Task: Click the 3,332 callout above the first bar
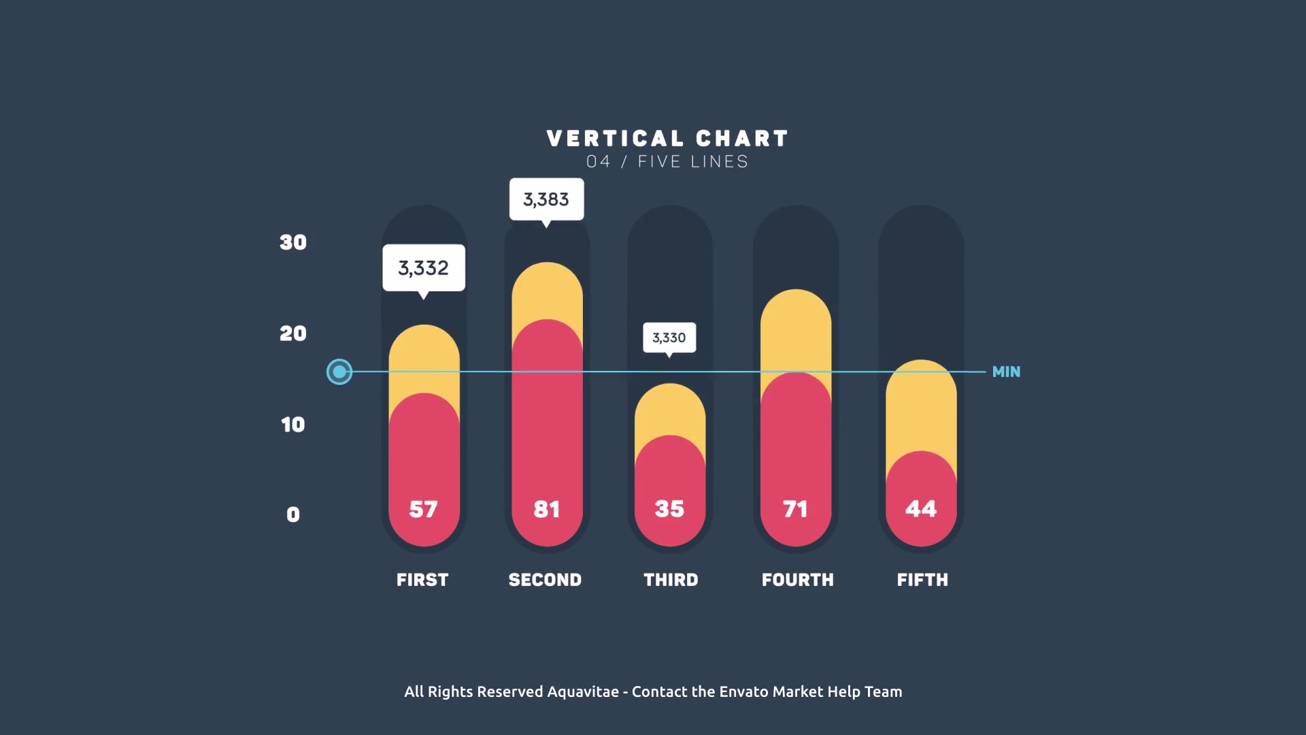point(424,269)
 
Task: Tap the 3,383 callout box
point(546,200)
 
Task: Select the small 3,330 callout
point(669,338)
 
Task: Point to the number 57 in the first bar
point(423,509)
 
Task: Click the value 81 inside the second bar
point(547,509)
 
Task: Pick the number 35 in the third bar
point(669,509)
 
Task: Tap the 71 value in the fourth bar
point(795,509)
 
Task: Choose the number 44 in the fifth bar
point(921,509)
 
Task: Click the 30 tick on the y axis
point(293,242)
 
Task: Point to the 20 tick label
point(293,333)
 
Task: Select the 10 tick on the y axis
point(293,425)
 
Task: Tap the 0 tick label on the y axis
point(293,514)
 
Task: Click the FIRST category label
point(422,580)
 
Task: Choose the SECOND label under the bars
point(546,580)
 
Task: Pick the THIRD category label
point(671,580)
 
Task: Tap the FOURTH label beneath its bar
point(798,580)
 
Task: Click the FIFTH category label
point(922,580)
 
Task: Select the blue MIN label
point(1007,372)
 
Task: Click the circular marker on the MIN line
point(339,372)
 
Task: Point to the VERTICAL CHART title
point(667,139)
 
